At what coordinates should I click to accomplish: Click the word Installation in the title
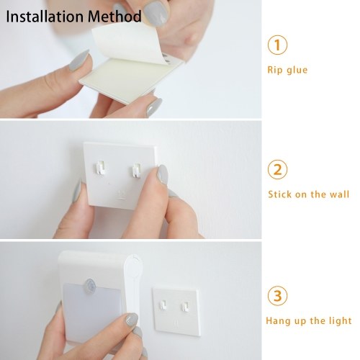[45, 17]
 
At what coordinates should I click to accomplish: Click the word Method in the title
[114, 17]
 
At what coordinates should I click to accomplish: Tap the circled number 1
[277, 45]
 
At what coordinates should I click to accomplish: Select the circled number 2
[277, 169]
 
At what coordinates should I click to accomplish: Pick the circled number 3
[277, 296]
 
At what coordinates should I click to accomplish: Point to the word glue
[297, 70]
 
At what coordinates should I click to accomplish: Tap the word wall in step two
[339, 194]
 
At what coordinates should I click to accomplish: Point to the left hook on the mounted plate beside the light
[163, 305]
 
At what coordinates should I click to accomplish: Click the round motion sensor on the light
[90, 286]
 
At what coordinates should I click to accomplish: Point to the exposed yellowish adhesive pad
[125, 77]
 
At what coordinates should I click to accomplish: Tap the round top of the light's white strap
[133, 266]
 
